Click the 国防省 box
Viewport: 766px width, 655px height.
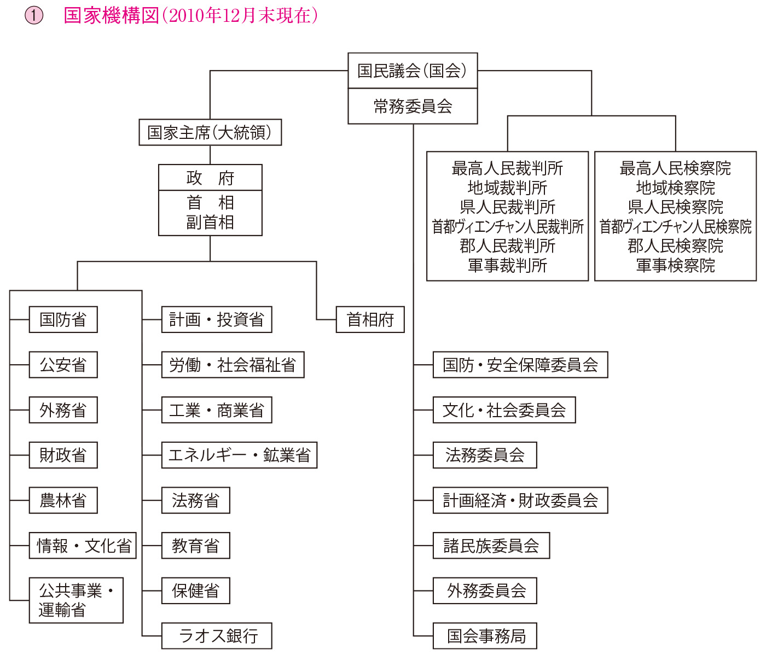click(63, 319)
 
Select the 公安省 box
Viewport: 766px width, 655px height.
click(63, 365)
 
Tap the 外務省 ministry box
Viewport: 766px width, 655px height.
click(63, 410)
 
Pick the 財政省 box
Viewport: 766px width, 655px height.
click(63, 455)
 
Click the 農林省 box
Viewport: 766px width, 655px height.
click(63, 500)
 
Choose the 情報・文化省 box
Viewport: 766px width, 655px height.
click(83, 546)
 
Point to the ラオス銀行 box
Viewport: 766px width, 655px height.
click(217, 636)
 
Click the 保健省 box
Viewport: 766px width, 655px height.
click(196, 590)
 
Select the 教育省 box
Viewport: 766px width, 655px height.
click(196, 546)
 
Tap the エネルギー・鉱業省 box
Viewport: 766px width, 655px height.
click(240, 455)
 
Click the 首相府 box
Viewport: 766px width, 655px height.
click(370, 319)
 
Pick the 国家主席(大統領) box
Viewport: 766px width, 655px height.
click(210, 132)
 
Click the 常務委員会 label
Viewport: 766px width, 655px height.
click(413, 106)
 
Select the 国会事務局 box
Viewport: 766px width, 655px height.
click(485, 636)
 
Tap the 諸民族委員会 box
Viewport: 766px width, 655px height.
click(491, 546)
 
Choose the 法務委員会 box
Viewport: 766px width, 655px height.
click(485, 455)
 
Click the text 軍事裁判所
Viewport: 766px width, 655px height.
click(507, 266)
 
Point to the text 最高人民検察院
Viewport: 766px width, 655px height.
click(675, 168)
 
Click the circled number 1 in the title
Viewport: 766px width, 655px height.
click(34, 15)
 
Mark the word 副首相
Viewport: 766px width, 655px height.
click(210, 223)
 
